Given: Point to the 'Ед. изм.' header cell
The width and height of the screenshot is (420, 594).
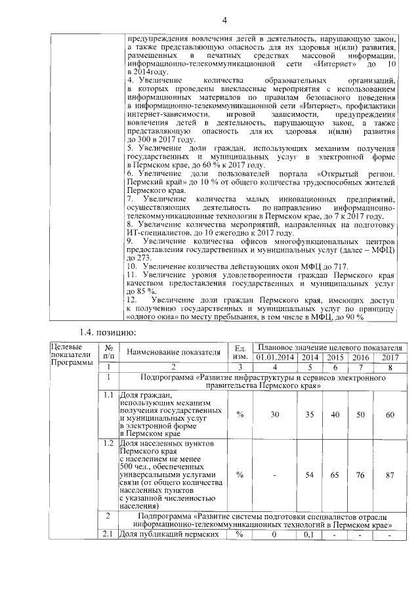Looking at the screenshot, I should coord(239,352).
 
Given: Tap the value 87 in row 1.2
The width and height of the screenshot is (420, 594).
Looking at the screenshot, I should coord(390,475).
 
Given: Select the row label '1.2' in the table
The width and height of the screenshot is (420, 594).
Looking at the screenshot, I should coord(106,444).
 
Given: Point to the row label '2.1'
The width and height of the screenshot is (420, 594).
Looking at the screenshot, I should coord(106,535).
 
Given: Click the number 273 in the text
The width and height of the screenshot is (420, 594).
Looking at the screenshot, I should coord(136,258).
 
